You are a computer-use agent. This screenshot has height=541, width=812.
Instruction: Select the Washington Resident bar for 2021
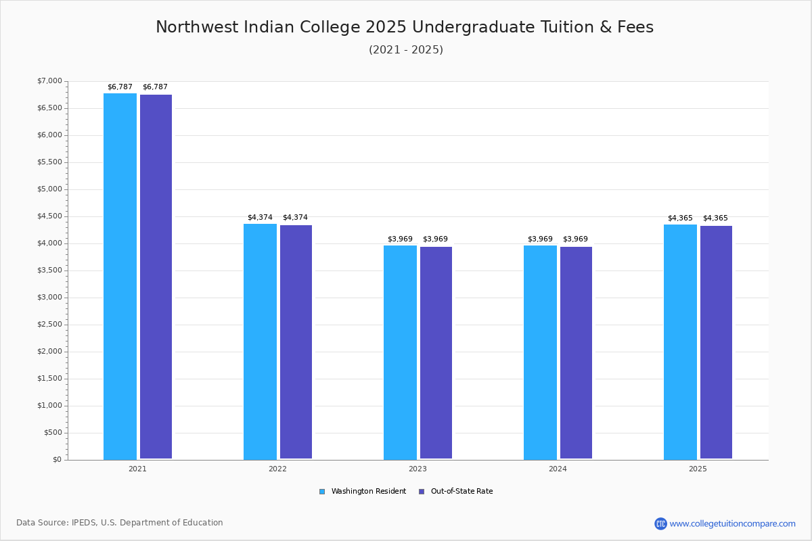pos(120,277)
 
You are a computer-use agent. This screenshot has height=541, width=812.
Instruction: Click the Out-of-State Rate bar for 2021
pos(156,277)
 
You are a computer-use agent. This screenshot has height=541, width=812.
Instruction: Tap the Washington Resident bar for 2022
pos(260,342)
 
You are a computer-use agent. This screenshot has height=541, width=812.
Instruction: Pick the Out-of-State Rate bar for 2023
pos(436,352)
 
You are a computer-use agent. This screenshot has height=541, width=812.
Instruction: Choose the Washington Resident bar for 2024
pos(540,352)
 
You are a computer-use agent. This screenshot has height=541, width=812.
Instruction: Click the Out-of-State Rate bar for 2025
pos(716,342)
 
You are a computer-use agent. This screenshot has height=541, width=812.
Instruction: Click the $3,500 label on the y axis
pos(49,270)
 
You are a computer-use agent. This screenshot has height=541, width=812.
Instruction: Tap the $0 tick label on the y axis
pos(58,459)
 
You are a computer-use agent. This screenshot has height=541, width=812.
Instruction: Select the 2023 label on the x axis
pos(418,469)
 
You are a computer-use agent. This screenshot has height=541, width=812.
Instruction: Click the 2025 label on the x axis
pos(698,469)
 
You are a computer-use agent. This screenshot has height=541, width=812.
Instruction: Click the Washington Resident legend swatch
pos(322,492)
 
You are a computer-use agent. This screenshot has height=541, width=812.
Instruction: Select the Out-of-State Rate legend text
pos(461,492)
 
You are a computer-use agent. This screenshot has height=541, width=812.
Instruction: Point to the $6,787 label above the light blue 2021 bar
pos(120,87)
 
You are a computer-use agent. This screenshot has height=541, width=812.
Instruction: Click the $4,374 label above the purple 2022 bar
pos(295,218)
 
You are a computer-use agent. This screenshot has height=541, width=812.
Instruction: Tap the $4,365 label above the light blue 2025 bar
pos(680,218)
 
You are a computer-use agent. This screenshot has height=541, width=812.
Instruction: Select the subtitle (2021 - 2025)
pos(406,49)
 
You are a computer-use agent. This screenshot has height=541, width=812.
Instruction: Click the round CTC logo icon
pos(660,523)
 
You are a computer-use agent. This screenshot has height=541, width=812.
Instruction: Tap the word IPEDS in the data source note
pos(84,523)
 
